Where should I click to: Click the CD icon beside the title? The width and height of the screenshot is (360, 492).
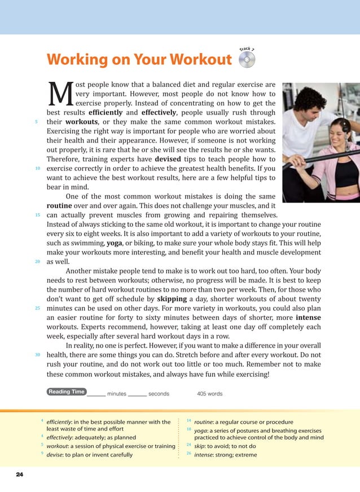pyautogui.click(x=247, y=60)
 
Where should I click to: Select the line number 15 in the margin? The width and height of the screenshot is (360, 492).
pyautogui.click(x=37, y=216)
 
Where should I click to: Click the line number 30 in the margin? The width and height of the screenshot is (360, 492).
pyautogui.click(x=37, y=355)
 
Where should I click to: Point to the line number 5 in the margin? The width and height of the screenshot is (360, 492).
pyautogui.click(x=36, y=121)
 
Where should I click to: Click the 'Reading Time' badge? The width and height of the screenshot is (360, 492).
pyautogui.click(x=67, y=392)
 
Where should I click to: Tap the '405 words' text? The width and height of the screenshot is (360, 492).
pyautogui.click(x=209, y=393)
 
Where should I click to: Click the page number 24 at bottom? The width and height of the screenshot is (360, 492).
pyautogui.click(x=20, y=475)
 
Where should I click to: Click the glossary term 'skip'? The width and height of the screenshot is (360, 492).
pyautogui.click(x=200, y=446)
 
